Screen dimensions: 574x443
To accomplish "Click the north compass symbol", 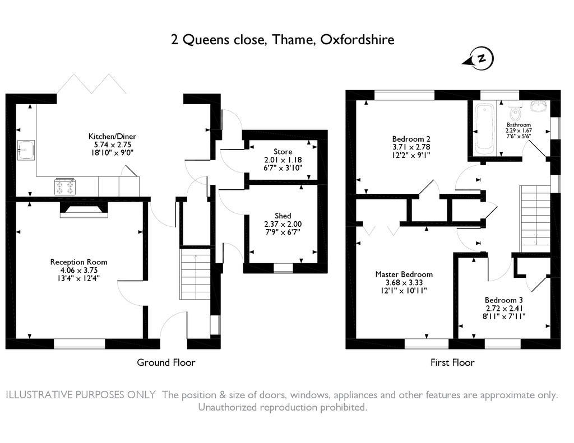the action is coord(482,58).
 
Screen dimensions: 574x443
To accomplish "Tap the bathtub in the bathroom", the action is coord(483,128).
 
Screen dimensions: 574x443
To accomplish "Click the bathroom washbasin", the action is coord(538,105).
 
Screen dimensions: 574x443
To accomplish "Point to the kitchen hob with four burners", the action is coord(64,186).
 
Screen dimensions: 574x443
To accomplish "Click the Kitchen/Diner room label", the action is coord(112,136).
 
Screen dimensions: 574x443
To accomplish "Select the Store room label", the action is coord(283,152).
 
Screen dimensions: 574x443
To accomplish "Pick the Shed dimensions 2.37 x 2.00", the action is coord(283,224).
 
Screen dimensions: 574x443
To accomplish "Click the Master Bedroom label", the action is coord(404,274).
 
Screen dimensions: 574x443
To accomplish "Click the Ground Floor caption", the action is coord(166,362).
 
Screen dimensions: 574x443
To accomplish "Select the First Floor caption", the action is coord(452,362).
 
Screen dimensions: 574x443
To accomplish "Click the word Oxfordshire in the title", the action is coord(357,40).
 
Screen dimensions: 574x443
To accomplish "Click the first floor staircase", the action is coord(536,218).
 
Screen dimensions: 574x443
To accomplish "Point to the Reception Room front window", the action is coord(80,342).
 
